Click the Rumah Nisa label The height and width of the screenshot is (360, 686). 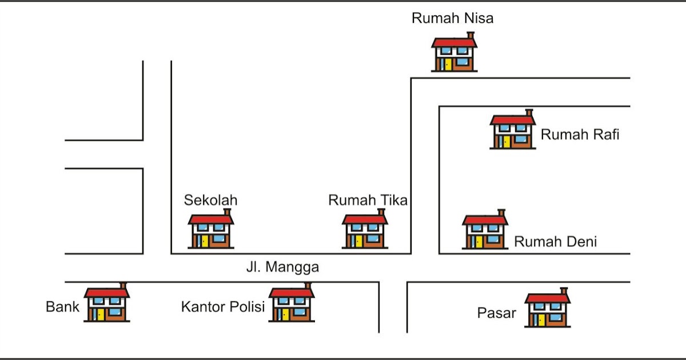point(452,18)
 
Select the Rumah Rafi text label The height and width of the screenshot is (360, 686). point(580,135)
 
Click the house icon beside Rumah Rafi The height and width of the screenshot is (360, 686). point(513,132)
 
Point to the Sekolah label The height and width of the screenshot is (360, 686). point(210,201)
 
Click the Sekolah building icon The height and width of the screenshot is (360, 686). point(211,231)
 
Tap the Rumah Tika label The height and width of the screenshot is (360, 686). point(368,201)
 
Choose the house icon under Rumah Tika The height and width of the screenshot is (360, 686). point(365,231)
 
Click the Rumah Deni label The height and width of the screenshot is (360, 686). point(555,242)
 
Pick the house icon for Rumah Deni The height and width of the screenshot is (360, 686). point(485,231)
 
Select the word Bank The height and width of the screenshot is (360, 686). point(62,307)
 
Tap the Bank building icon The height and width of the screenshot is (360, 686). point(107,305)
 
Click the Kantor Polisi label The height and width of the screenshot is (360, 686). point(223,307)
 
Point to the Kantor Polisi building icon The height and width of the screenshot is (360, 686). point(292,305)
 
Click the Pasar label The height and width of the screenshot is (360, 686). point(496,313)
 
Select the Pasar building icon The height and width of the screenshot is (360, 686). point(547,310)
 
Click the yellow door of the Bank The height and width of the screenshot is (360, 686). point(100,314)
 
